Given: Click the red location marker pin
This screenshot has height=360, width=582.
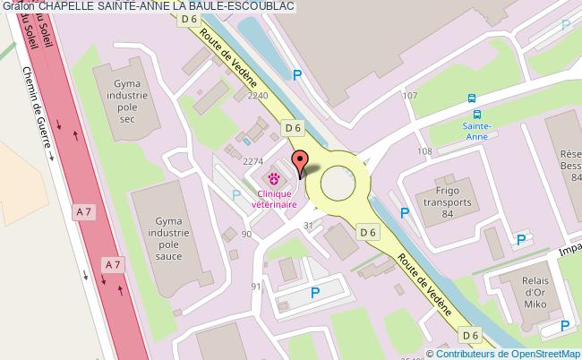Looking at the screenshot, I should (299, 161).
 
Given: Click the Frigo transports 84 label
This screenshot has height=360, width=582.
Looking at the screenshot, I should (449, 202).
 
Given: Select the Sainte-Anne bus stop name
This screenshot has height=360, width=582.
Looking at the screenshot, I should (476, 133).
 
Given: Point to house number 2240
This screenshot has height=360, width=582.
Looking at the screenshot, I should (258, 95).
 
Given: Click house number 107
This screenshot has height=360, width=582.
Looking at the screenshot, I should (410, 95).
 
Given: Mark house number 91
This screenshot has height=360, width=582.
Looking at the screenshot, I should (256, 287).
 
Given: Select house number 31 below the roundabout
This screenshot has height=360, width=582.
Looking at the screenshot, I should (309, 225).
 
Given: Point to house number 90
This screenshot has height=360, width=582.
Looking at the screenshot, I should (246, 234).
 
